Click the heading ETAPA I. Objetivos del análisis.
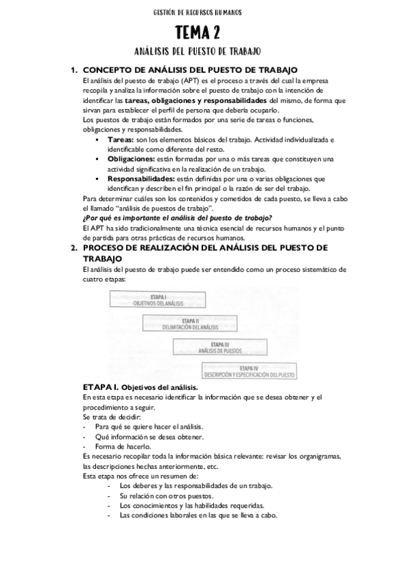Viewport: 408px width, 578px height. [x=140, y=387]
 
